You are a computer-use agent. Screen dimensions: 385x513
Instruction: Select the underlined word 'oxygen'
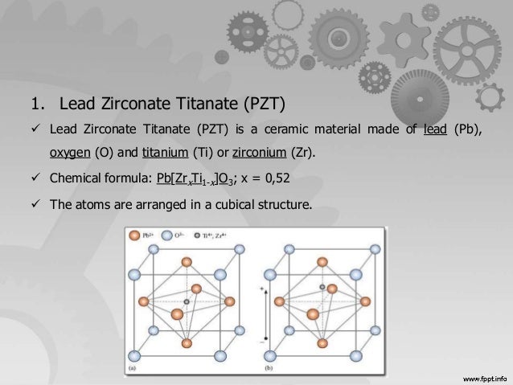coord(69,152)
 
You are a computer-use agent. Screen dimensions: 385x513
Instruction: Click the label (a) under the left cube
coord(133,369)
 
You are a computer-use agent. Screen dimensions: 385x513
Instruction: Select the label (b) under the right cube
coord(269,369)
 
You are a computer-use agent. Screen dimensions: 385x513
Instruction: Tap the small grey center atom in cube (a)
coord(187,302)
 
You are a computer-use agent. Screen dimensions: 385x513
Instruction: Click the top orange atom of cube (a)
coord(187,262)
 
